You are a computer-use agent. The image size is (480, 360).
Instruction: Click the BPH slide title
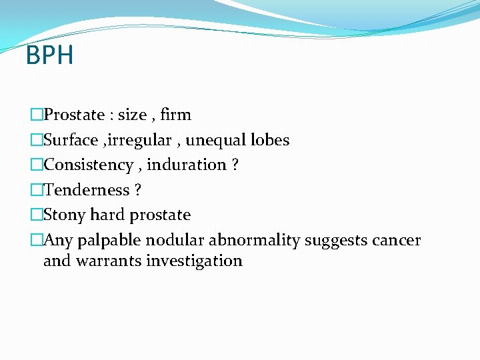point(49,55)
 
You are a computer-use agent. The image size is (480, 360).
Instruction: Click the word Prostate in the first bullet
point(74,115)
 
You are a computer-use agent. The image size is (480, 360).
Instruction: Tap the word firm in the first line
point(176,115)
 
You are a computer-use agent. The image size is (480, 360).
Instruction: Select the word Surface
point(72,140)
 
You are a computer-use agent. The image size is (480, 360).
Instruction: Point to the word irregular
point(143,140)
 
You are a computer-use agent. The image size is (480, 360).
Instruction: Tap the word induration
point(187,165)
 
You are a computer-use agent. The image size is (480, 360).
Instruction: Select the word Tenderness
point(86,190)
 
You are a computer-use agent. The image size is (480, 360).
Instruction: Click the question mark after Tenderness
point(137,190)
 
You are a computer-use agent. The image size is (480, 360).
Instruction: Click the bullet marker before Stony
point(36,215)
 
